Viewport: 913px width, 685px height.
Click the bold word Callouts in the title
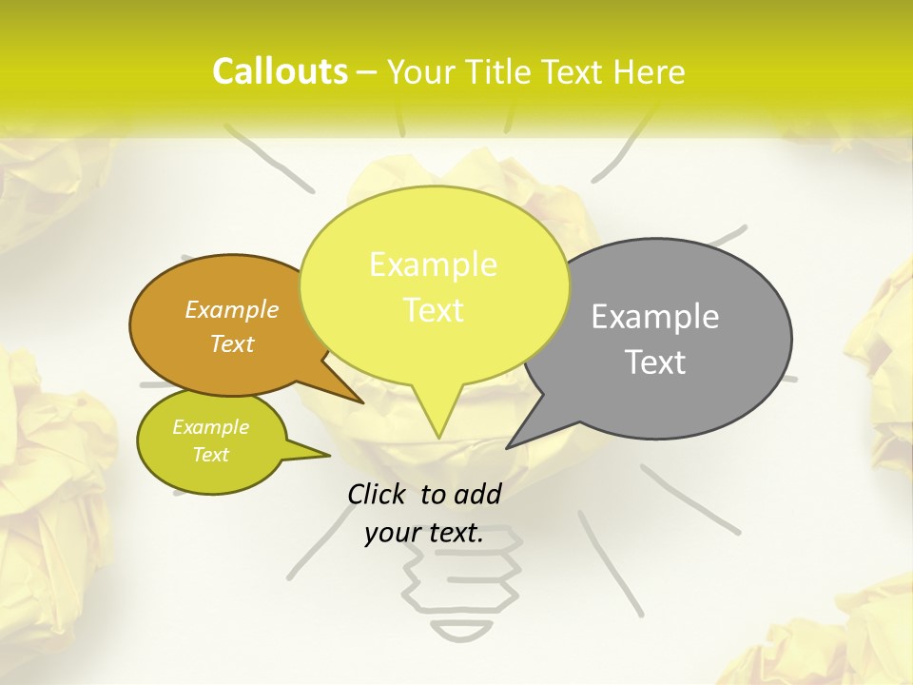[280, 71]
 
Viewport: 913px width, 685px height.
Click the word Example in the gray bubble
[655, 317]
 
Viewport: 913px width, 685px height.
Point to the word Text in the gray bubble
[656, 362]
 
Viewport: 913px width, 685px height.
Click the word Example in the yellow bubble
[433, 264]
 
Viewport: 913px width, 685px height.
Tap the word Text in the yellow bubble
[434, 310]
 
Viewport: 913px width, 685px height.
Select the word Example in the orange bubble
[231, 309]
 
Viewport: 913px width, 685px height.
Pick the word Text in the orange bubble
[232, 343]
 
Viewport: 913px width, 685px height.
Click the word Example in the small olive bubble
[210, 426]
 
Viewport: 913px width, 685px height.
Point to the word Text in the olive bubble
[210, 455]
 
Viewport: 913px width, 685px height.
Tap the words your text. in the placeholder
[423, 533]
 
